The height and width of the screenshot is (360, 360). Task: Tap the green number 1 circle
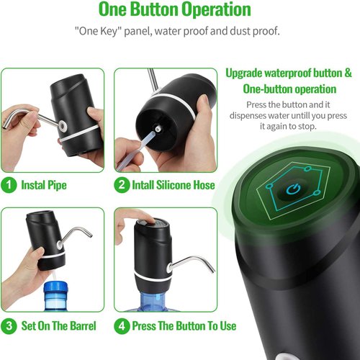click(9, 185)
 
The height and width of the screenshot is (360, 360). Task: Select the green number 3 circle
click(9, 325)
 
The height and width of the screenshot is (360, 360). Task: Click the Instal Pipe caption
click(44, 185)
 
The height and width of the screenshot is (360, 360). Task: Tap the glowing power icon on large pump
click(292, 191)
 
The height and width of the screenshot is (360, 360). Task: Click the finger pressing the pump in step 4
click(137, 216)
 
